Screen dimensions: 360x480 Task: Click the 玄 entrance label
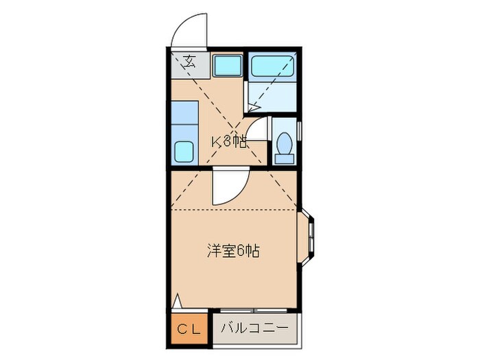190,60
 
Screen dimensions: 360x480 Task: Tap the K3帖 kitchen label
228,142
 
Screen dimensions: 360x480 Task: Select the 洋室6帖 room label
232,251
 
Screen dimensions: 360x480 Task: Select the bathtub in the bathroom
273,67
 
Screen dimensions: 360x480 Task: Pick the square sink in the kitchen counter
183,150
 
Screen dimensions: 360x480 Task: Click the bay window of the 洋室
310,236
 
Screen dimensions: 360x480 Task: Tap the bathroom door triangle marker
252,107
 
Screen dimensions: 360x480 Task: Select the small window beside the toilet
300,132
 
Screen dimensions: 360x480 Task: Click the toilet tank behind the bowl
283,159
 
